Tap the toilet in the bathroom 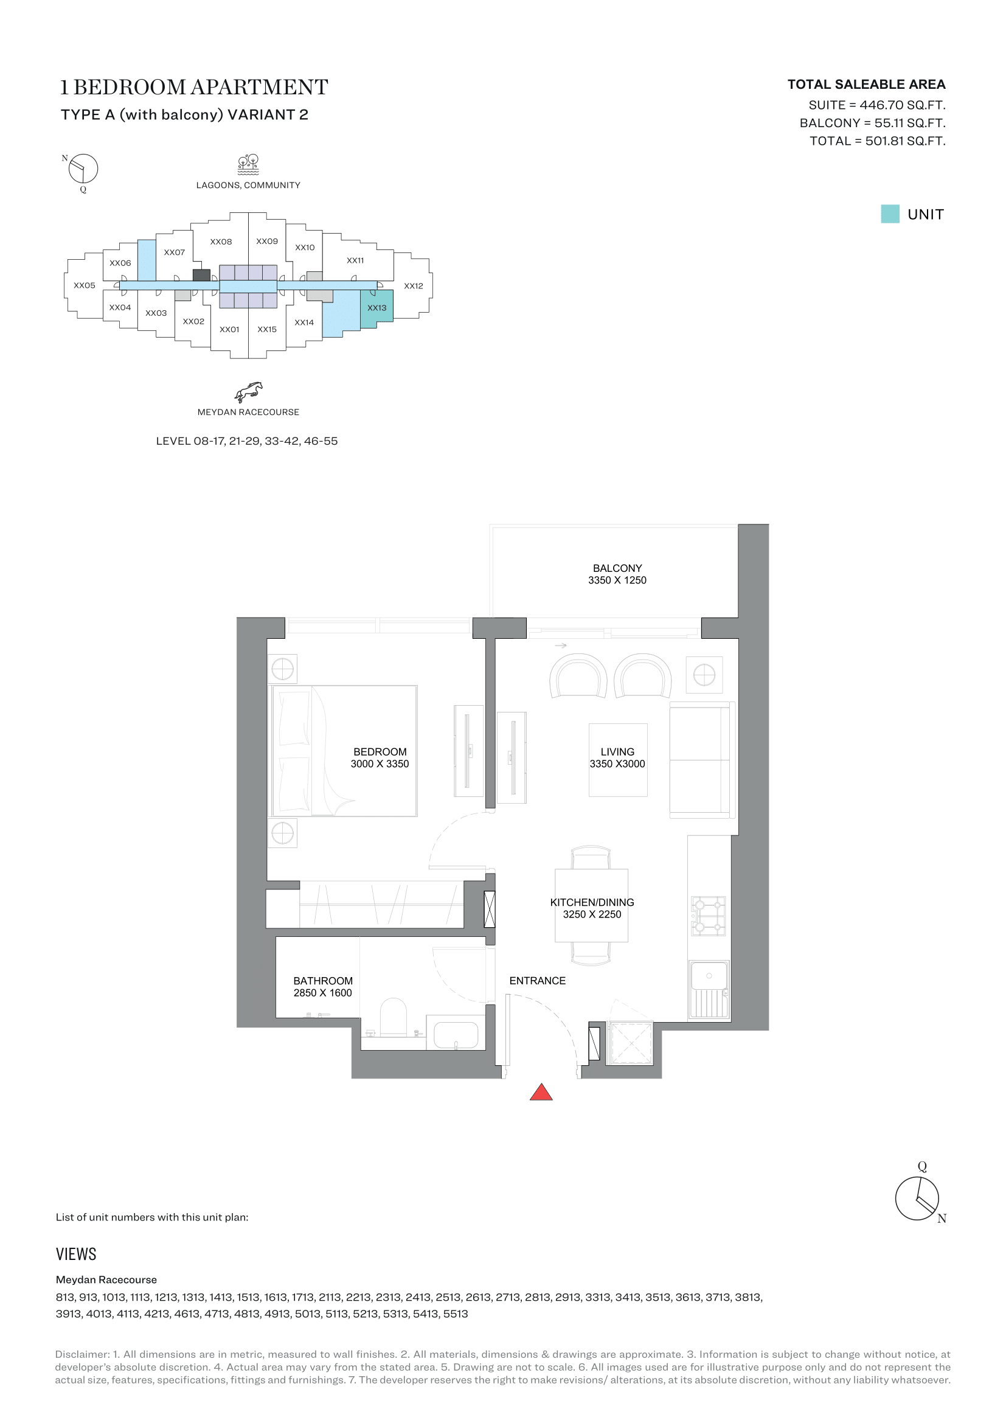click(392, 1017)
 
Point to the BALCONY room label click(617, 568)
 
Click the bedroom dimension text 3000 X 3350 click(380, 764)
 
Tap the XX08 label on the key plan click(221, 242)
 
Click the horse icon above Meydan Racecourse click(248, 392)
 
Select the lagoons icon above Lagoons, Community click(248, 164)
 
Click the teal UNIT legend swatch click(890, 214)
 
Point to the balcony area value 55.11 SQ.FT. click(909, 123)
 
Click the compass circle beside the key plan click(83, 169)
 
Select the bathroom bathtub click(456, 1035)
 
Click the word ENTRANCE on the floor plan click(537, 981)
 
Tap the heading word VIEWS click(76, 1254)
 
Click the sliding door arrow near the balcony click(561, 646)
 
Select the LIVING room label click(617, 752)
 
